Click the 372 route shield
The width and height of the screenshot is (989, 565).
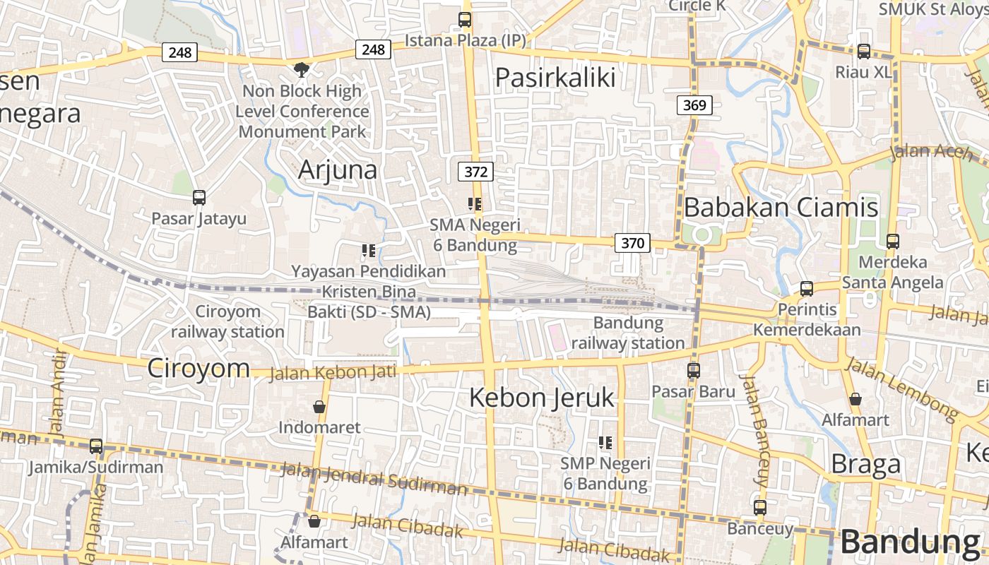tap(475, 171)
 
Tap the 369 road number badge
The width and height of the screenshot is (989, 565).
tap(694, 105)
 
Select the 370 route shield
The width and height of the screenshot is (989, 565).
tap(632, 243)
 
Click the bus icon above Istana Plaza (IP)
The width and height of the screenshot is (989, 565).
tap(464, 20)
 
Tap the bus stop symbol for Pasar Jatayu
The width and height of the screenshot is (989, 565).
tap(199, 198)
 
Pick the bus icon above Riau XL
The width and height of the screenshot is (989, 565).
tap(863, 52)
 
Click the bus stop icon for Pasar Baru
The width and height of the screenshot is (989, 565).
tap(693, 370)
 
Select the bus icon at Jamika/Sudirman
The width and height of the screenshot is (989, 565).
tap(96, 446)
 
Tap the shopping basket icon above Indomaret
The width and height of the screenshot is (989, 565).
tap(319, 407)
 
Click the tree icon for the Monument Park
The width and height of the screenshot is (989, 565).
tap(302, 69)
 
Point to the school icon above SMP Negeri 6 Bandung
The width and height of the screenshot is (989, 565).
tap(605, 443)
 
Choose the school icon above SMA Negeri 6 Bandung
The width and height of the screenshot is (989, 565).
tap(475, 205)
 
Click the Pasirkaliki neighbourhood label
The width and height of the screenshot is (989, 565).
tap(555, 77)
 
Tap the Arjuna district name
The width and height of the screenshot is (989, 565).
tap(338, 169)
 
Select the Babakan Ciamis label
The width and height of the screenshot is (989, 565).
tap(781, 207)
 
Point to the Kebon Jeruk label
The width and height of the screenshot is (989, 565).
tap(542, 398)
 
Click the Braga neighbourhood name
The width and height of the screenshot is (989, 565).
tap(866, 464)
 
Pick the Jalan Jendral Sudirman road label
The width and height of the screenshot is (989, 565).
tap(374, 479)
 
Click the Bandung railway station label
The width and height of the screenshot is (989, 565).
tap(628, 333)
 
